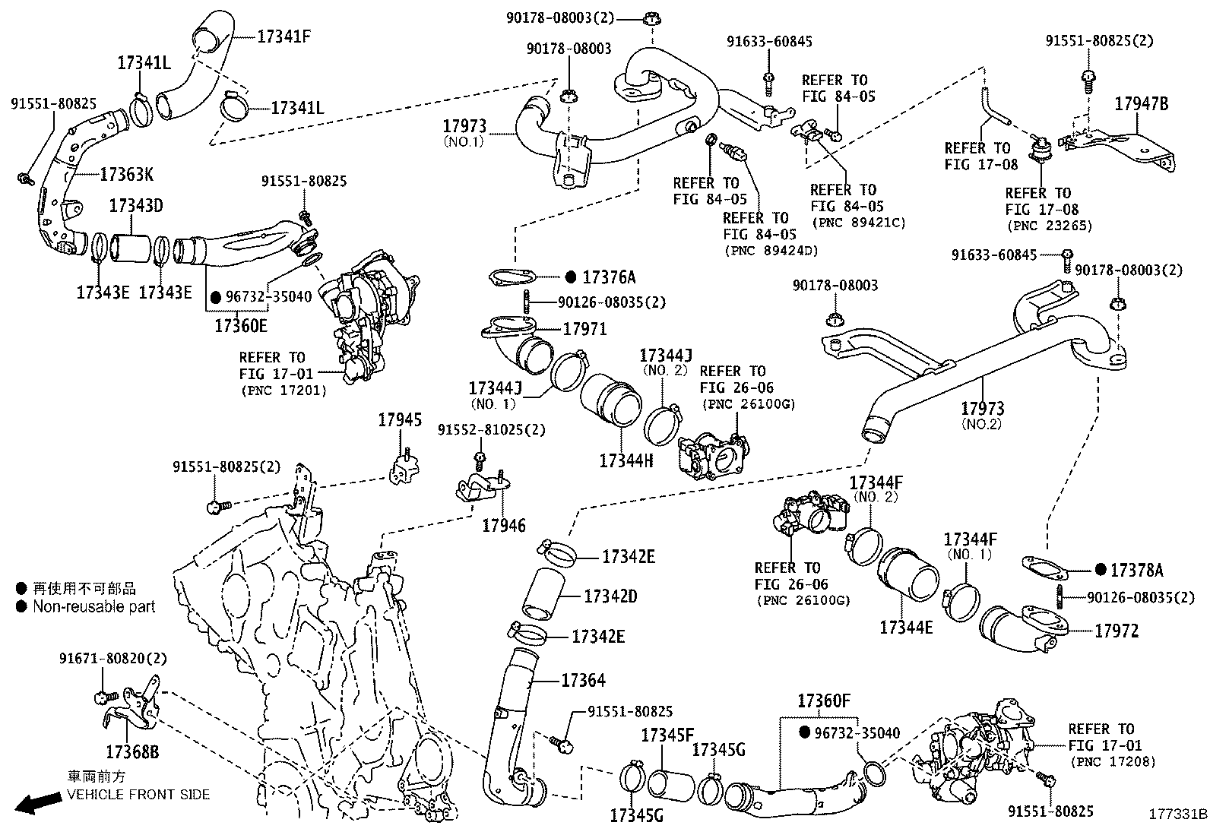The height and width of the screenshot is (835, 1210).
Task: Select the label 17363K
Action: (127, 175)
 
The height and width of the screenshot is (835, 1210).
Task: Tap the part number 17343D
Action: (136, 206)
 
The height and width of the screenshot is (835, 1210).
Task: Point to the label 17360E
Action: (241, 325)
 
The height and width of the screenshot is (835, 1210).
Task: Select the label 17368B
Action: (132, 752)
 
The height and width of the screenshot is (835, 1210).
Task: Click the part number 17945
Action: (401, 420)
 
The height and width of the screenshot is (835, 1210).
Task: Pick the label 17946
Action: (503, 525)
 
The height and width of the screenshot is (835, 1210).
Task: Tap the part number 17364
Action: (584, 681)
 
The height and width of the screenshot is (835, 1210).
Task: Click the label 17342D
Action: (610, 596)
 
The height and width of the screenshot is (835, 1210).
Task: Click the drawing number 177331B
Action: (1177, 813)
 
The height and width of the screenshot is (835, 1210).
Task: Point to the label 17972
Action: (1117, 631)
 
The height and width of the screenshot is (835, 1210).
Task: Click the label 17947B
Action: (1142, 104)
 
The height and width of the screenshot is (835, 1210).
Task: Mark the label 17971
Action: (584, 329)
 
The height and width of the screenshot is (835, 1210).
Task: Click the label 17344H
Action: (626, 460)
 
